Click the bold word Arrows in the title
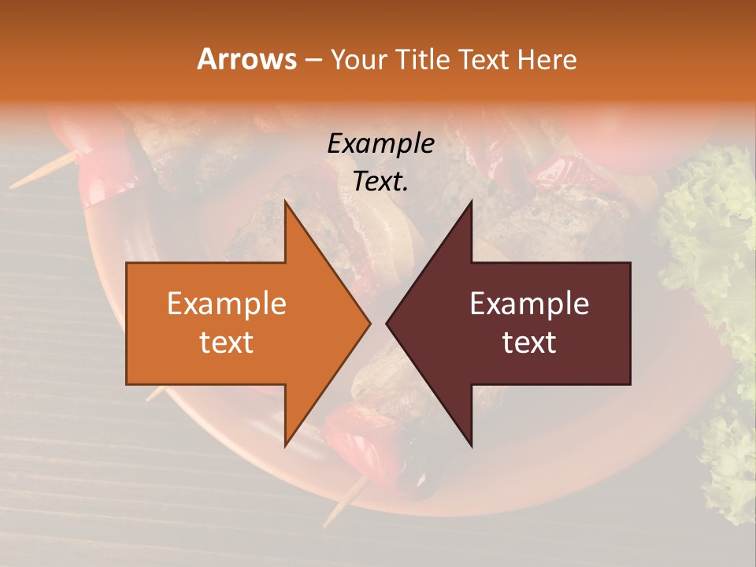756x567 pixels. click(246, 59)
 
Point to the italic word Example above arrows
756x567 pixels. click(380, 143)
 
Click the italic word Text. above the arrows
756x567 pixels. click(380, 181)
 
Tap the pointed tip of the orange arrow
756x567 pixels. click(369, 323)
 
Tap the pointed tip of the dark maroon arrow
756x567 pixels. click(387, 323)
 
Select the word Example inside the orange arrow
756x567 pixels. click(226, 304)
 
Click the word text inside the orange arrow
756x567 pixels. click(226, 342)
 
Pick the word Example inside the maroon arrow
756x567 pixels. click(529, 304)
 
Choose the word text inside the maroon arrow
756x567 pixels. click(529, 342)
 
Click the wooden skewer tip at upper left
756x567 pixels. click(16, 185)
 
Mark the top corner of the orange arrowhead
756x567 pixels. click(285, 201)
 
